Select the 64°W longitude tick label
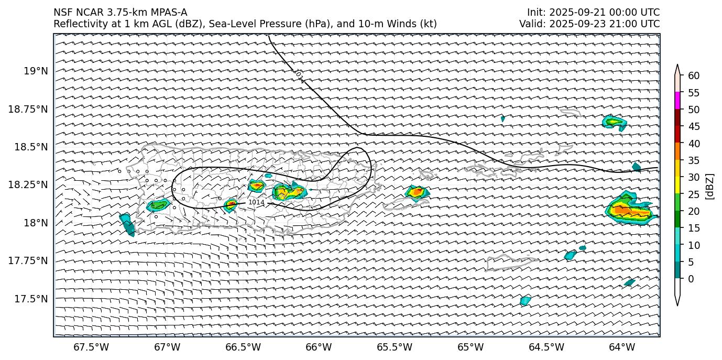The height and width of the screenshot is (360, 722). click(622, 347)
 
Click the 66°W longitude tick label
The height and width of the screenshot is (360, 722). click(319, 347)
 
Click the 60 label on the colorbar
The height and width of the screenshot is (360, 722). click(694, 75)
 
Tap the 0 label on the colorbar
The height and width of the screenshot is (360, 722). click(691, 279)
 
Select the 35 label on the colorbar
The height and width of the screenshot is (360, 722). click(694, 160)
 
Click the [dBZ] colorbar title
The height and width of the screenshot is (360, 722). click(710, 186)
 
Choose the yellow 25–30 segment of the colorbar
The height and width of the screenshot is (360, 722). click(677, 185)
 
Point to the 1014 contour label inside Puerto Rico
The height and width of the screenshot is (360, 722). click(256, 202)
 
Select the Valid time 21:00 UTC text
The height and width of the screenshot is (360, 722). click(636, 24)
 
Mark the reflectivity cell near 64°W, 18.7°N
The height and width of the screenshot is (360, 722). click(615, 123)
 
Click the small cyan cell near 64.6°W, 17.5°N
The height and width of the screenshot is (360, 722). click(525, 300)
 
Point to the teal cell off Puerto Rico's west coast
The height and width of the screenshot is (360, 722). click(127, 224)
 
